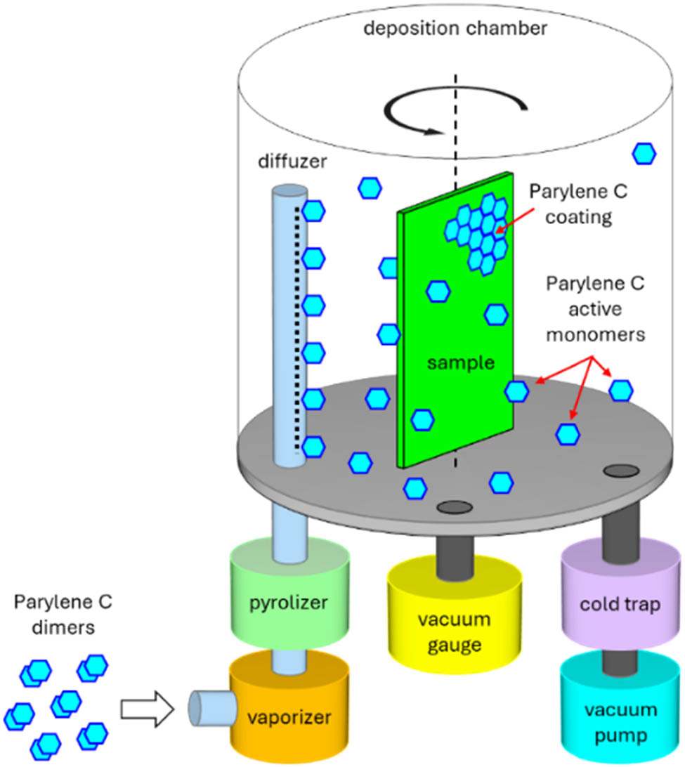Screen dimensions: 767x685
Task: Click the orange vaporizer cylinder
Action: click(x=288, y=716)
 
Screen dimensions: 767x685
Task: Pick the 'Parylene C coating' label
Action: click(x=570, y=204)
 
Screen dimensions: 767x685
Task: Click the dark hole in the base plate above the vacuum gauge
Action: click(x=454, y=506)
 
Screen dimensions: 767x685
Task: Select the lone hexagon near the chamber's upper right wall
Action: click(x=644, y=153)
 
